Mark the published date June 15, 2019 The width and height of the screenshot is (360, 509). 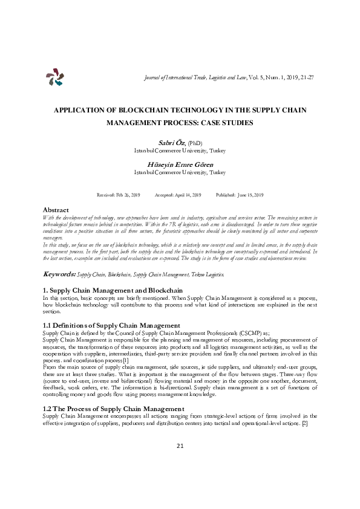click(x=248, y=195)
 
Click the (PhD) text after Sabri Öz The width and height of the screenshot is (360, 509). click(x=194, y=143)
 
